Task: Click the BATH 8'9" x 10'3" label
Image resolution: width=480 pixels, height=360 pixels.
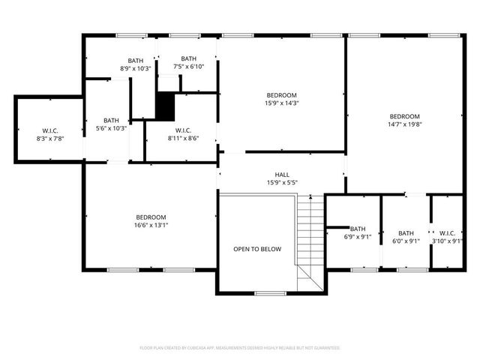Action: (136, 64)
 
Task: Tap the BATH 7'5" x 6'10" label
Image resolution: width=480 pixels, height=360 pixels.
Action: (188, 63)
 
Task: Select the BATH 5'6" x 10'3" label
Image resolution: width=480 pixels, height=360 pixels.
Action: (111, 124)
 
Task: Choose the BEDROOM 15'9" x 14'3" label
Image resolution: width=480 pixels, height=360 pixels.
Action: (282, 99)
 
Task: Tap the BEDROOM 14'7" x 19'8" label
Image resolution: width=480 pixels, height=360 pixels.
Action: (404, 121)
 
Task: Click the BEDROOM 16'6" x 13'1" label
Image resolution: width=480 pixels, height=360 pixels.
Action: (151, 220)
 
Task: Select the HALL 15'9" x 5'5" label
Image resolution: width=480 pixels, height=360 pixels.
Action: (282, 178)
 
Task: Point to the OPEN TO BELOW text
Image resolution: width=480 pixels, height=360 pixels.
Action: (257, 249)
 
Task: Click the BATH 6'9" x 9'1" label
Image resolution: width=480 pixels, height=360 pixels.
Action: (358, 233)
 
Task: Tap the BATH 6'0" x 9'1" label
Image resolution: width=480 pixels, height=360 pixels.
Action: (406, 237)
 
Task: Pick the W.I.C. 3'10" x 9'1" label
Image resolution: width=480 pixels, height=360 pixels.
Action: (448, 237)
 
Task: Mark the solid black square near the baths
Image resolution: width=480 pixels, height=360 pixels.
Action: (165, 106)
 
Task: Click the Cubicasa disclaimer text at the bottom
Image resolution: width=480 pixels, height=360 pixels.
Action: (240, 348)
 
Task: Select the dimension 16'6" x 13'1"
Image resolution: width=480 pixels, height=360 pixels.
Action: (151, 225)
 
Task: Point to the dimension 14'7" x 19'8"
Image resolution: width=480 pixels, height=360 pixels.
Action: (404, 125)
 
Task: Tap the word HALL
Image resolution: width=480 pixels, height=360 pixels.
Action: (282, 175)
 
